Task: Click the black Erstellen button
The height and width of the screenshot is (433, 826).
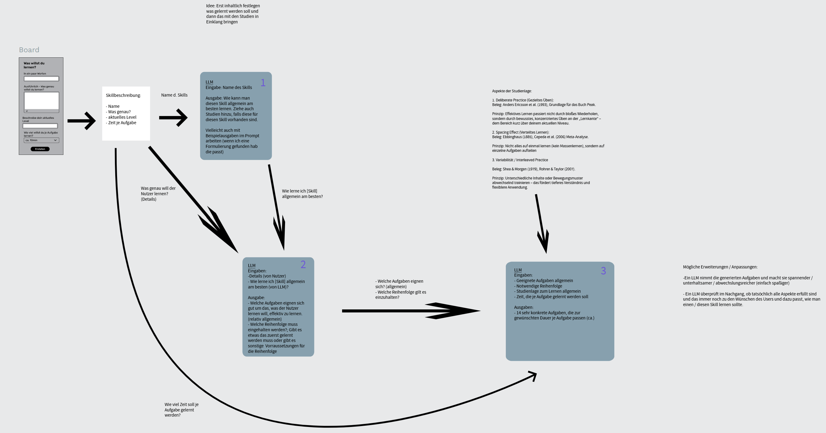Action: tap(40, 149)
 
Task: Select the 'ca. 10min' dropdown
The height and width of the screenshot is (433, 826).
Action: tap(41, 140)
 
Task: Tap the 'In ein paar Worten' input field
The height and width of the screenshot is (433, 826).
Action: tap(41, 79)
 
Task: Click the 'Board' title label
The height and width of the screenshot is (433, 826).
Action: tap(29, 50)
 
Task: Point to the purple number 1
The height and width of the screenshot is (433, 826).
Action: tap(263, 83)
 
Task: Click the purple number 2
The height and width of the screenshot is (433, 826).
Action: tap(303, 264)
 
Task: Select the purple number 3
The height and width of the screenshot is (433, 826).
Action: tap(603, 271)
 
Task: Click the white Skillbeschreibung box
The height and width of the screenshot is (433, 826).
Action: tap(126, 113)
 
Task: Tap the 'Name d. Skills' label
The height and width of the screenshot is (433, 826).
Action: tap(174, 95)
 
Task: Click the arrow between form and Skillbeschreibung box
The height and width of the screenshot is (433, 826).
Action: tap(82, 121)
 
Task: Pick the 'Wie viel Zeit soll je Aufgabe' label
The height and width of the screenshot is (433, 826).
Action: tap(182, 410)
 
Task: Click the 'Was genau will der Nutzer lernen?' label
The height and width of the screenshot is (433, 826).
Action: tap(158, 193)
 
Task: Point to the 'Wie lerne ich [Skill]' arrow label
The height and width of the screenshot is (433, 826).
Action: tap(302, 193)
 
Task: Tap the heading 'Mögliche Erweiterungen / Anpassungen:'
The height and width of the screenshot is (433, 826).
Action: tap(720, 267)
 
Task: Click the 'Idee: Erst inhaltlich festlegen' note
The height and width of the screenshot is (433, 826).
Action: tap(233, 14)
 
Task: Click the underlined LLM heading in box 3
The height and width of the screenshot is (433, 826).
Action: tap(518, 270)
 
